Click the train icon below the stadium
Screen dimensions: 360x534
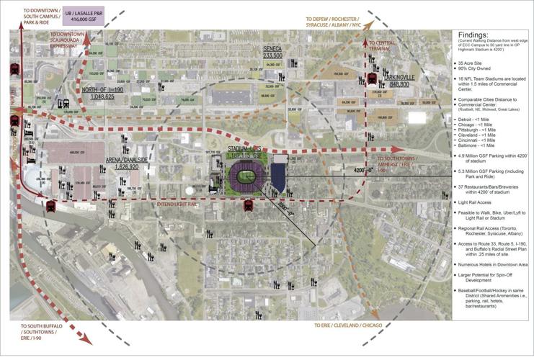click(x=248, y=205)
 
